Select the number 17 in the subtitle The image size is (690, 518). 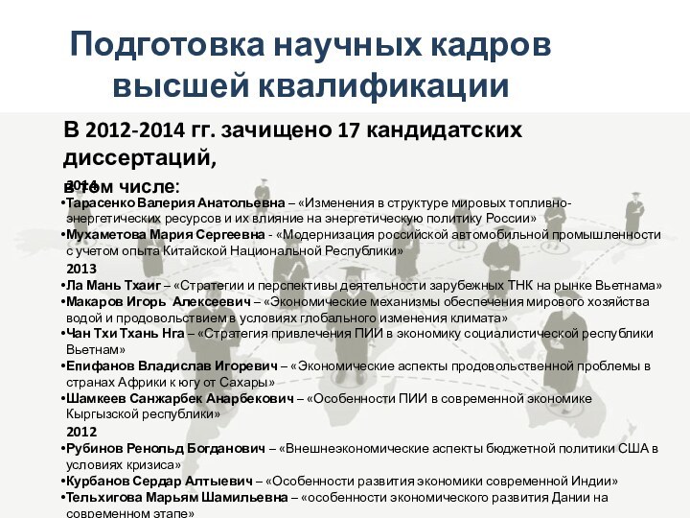341,129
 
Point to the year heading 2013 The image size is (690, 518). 80,269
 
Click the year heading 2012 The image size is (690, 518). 80,432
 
